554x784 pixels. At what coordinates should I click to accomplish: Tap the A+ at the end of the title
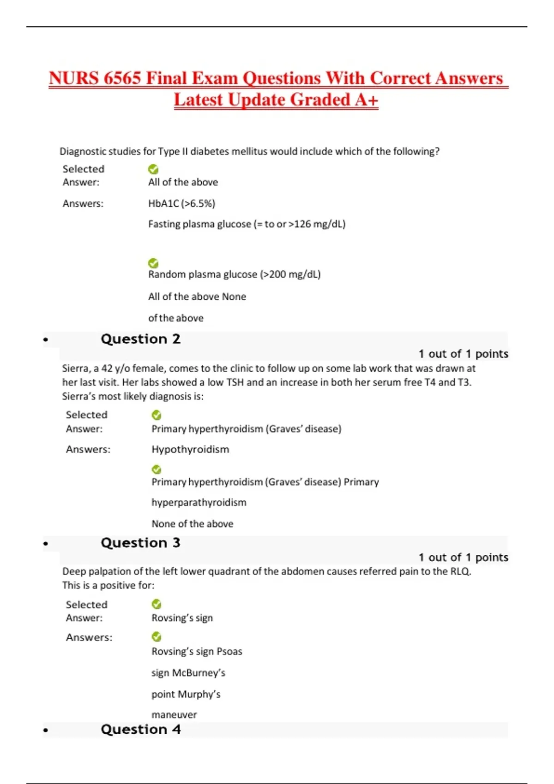(367, 100)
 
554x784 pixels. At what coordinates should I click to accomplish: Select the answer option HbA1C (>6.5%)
(181, 203)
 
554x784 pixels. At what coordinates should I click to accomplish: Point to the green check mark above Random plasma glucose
(153, 263)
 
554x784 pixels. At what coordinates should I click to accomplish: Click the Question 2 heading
(140, 339)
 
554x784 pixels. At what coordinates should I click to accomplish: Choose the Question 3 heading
(140, 543)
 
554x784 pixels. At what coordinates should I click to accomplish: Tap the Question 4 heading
(140, 730)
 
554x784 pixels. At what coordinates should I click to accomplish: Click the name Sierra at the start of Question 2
(75, 368)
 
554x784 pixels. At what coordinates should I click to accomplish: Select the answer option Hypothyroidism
(190, 450)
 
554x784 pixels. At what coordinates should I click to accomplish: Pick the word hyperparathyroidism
(199, 503)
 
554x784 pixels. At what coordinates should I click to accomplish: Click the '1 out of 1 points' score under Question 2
(463, 354)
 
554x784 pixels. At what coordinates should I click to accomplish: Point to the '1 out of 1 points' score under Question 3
(463, 558)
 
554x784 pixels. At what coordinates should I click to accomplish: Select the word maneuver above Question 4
(174, 715)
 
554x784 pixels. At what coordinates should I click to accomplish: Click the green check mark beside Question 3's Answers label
(157, 637)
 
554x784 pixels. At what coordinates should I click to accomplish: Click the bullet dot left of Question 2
(45, 340)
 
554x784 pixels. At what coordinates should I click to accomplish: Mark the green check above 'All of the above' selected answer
(153, 169)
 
